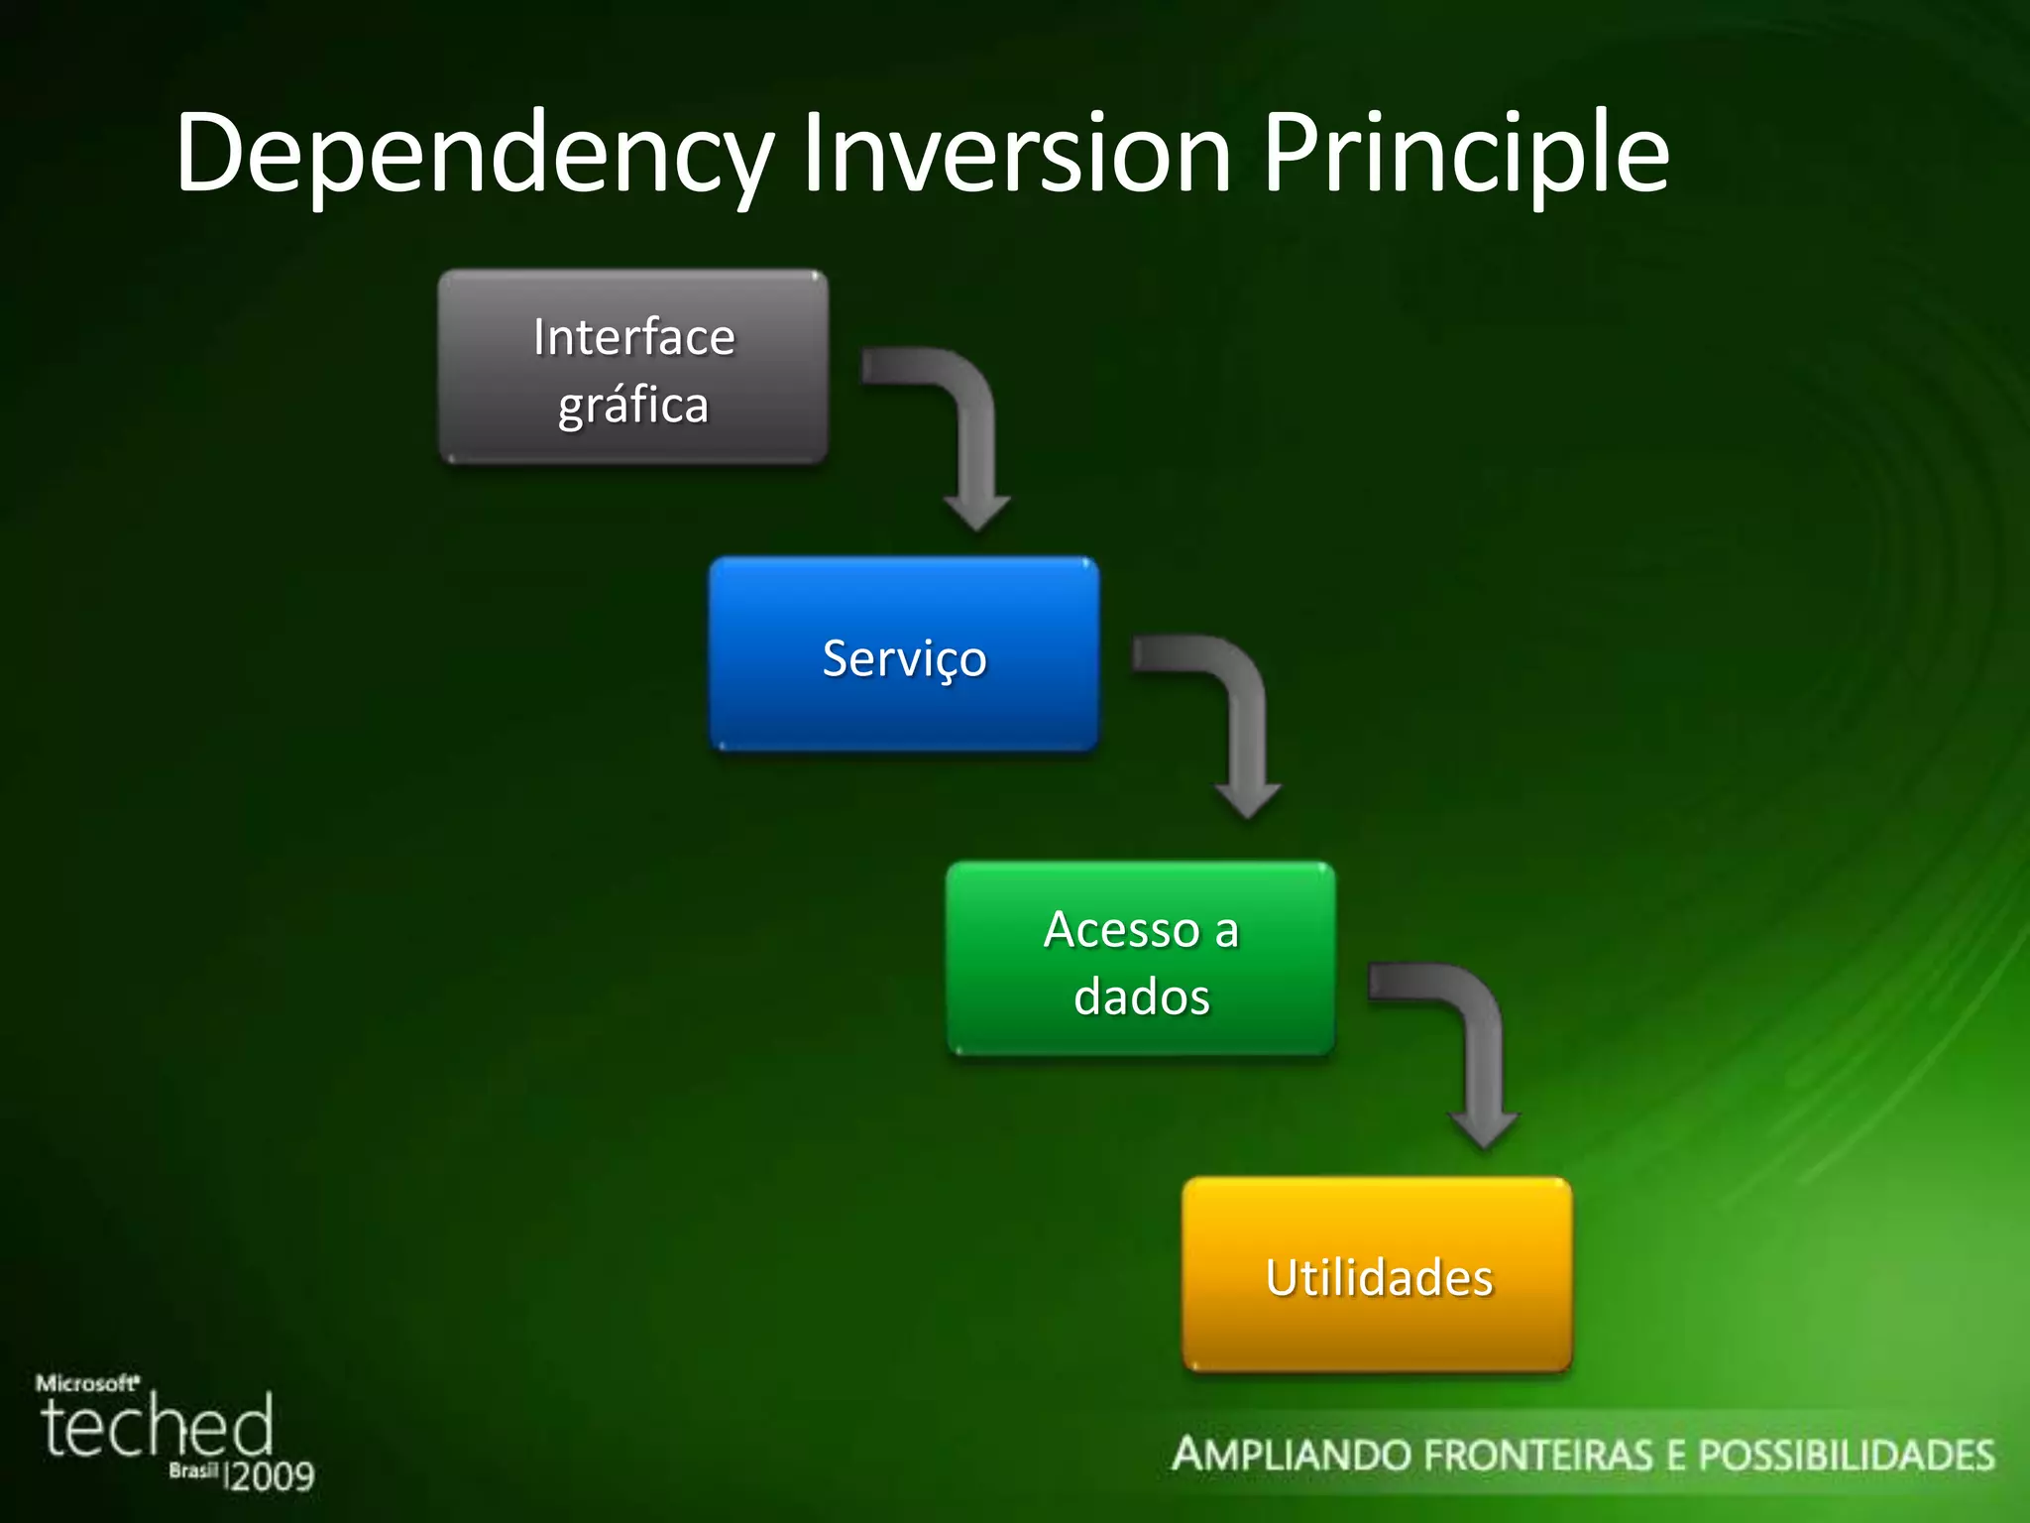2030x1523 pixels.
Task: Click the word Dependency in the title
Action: point(474,154)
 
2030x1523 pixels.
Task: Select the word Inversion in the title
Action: point(1016,154)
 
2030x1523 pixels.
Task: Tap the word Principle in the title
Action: point(1465,154)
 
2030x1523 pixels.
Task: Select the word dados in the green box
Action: point(1142,996)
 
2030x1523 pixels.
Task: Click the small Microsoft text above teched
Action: point(87,1382)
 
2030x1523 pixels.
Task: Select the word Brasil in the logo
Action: point(192,1470)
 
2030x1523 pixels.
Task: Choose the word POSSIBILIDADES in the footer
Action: point(1847,1456)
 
